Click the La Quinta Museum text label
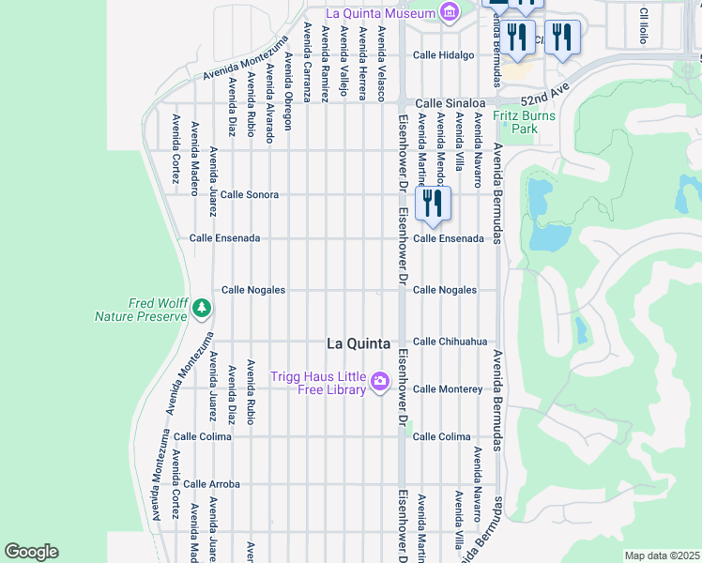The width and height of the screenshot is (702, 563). click(380, 13)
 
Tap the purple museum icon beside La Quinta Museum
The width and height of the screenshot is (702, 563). click(450, 13)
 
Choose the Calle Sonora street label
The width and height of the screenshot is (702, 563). click(249, 194)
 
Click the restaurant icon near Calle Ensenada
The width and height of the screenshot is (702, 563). click(433, 203)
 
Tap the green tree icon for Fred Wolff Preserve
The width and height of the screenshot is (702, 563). click(200, 308)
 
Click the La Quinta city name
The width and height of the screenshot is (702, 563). click(358, 343)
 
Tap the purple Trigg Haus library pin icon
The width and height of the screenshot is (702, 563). click(380, 381)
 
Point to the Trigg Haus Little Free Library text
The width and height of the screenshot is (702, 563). click(318, 384)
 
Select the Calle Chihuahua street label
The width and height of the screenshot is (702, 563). click(450, 342)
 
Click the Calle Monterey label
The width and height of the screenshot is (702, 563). click(448, 388)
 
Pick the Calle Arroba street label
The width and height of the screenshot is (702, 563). click(211, 484)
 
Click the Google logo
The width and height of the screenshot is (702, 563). click(32, 552)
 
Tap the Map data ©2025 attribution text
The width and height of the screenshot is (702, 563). click(661, 555)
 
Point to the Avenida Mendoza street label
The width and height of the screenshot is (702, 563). click(439, 150)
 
